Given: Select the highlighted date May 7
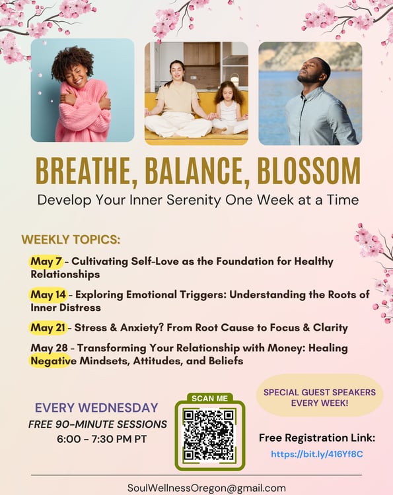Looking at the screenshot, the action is point(46,261).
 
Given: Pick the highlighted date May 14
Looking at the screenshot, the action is point(48,294).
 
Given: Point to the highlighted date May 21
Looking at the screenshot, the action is point(48,327).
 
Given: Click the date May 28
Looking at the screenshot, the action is point(49,348).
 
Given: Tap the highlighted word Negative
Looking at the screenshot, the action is point(54,361).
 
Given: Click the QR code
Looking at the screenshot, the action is point(209,434).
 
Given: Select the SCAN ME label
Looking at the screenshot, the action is point(209,399).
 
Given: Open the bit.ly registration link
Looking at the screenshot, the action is point(317,454).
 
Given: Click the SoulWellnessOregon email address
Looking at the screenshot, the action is point(206,488).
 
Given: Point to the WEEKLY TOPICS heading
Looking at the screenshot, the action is point(71,240).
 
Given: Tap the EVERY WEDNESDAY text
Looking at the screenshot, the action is point(96,408).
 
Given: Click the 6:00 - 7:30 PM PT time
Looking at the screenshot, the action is point(102,439).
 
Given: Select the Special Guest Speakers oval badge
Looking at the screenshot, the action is point(320,396).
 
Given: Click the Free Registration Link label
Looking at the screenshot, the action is point(317,438).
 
